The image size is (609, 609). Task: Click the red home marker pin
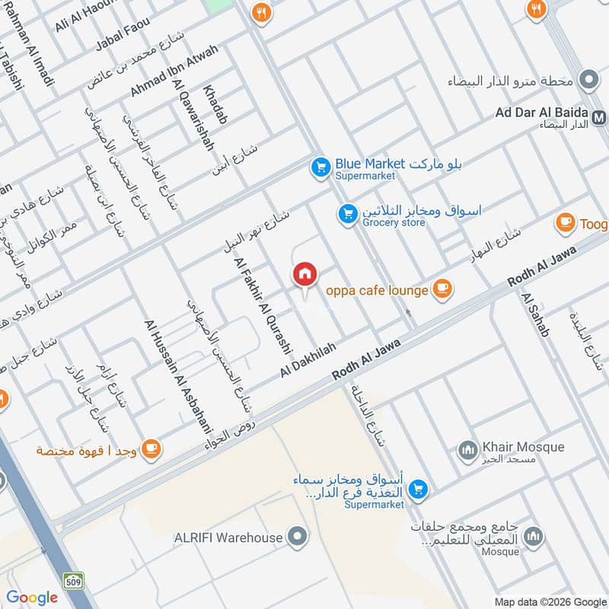(304, 274)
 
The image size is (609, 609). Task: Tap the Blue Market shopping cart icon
(320, 165)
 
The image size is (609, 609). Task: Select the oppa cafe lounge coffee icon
(442, 289)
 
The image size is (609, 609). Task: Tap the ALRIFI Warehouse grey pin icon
(298, 537)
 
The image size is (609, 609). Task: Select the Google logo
(33, 598)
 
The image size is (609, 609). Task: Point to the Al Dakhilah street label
(308, 357)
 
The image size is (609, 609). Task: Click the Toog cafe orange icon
(565, 222)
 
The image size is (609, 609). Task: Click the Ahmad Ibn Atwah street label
(174, 70)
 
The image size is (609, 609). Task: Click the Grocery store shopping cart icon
(348, 215)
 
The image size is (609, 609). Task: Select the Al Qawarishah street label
(193, 114)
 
